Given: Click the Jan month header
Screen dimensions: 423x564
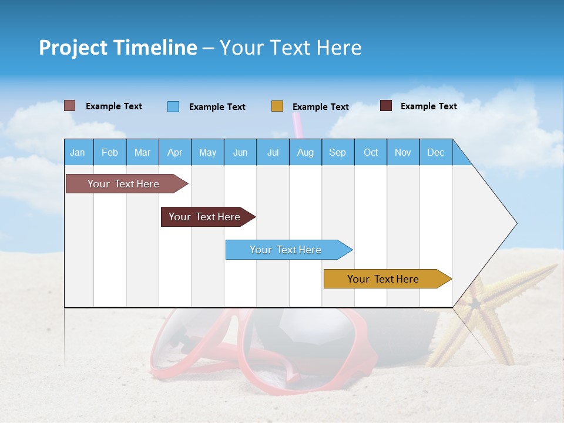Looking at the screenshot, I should coord(78,152).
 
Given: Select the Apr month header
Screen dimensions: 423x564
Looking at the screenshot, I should coord(174,152).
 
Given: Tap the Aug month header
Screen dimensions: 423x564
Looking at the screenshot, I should coord(305,152).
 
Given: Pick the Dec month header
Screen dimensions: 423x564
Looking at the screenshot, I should coord(435,152).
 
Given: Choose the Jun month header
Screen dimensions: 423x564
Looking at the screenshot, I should coord(240,152).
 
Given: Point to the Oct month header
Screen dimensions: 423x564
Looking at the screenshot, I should coord(370,152).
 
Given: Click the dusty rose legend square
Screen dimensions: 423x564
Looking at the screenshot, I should coord(69,106).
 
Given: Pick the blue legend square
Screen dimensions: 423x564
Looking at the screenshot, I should coord(173,106).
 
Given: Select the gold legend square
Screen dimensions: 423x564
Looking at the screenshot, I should coord(277,106).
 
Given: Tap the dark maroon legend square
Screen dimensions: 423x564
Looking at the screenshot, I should coord(386,106).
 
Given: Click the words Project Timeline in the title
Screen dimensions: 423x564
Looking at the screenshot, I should coord(118,48).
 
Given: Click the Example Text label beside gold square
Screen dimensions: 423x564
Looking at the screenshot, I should coord(320,107).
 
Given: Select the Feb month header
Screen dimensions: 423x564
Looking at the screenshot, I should coord(110,152).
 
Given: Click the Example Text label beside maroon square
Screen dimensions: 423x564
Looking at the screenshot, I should coord(428,106).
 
